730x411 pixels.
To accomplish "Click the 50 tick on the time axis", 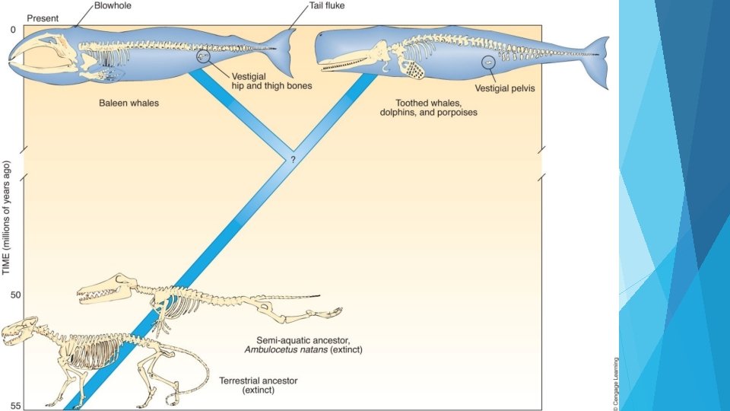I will point(16,294).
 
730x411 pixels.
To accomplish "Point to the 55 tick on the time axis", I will point(16,405).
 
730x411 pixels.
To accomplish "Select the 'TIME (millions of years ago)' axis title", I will point(7,207).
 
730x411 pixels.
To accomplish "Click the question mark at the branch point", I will point(292,161).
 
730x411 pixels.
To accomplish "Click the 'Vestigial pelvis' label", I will point(505,88).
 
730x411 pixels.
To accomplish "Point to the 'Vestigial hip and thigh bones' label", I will point(271,81).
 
